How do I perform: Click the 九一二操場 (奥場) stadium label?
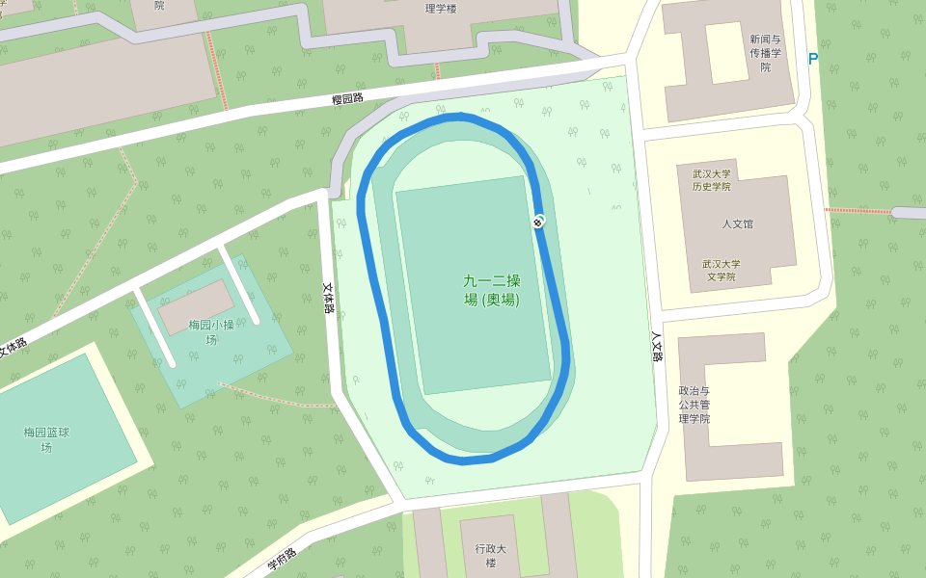492,290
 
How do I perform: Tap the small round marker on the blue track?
538,222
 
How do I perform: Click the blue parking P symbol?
812,59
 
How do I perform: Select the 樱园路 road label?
347,98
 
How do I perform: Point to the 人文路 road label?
657,347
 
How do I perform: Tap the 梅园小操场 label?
211,331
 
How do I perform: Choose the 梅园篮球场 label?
46,439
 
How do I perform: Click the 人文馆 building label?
738,224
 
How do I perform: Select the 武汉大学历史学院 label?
711,180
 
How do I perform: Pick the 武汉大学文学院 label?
721,270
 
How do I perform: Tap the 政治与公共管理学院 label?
694,405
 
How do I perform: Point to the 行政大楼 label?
490,556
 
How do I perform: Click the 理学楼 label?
441,9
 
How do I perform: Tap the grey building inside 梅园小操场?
196,306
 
